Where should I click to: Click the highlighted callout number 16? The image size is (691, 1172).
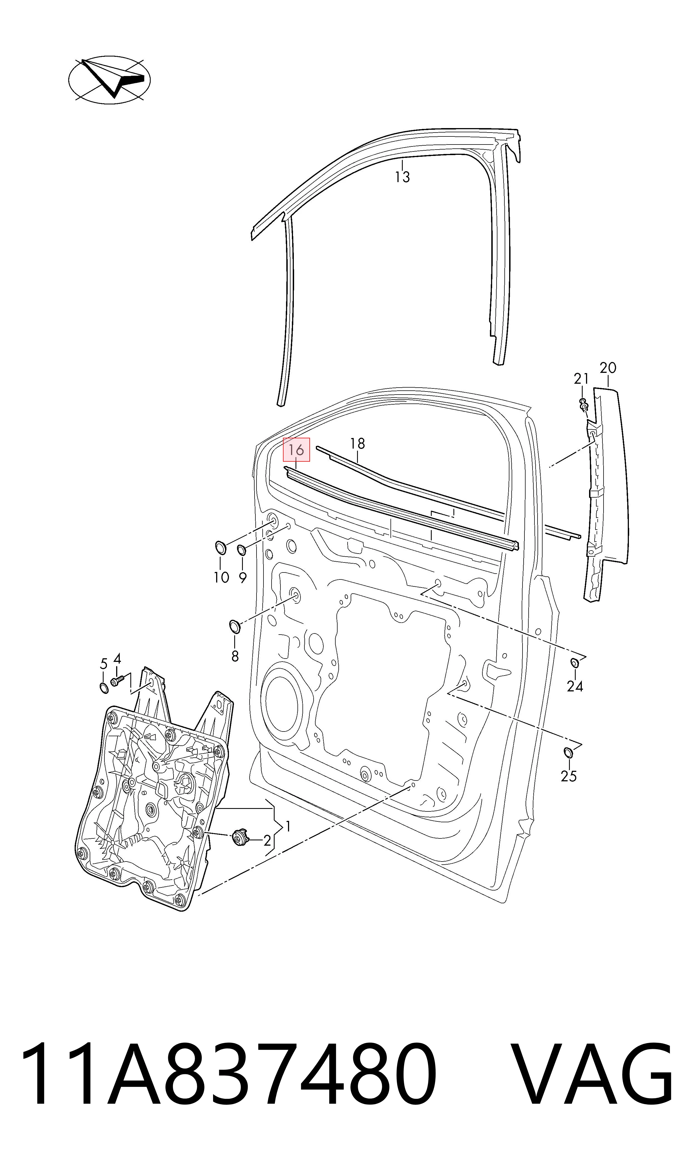click(296, 450)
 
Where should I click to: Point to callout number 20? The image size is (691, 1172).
click(608, 368)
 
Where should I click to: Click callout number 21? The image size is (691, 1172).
click(581, 379)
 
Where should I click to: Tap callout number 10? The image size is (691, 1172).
click(222, 578)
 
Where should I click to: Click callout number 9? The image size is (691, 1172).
click(243, 578)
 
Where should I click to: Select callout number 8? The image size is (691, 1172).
click(235, 656)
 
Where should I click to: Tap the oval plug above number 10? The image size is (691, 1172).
click(221, 547)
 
